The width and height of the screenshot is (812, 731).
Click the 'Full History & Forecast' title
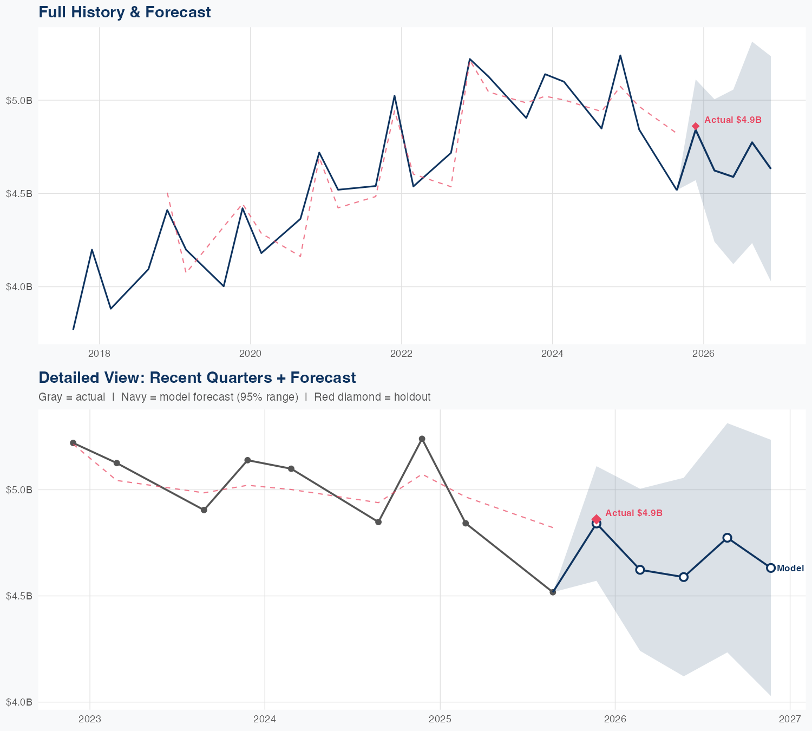tap(125, 12)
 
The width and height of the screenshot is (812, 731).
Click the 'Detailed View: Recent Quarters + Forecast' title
tap(197, 377)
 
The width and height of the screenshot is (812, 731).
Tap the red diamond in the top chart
tap(696, 126)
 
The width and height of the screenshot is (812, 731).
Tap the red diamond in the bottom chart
tap(597, 519)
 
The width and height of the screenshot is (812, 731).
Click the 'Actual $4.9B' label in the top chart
tap(733, 120)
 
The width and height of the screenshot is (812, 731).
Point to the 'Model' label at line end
tap(790, 569)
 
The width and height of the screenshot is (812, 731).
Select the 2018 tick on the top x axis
tap(99, 354)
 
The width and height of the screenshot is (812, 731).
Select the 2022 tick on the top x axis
tap(401, 354)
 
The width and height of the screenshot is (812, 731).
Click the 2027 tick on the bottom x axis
tap(790, 719)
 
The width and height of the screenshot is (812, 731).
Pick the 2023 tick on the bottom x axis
tap(90, 719)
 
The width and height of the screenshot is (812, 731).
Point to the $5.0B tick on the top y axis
tap(19, 100)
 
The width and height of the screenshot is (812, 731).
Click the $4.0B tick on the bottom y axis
tap(19, 702)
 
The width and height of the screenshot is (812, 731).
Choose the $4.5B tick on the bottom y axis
tap(19, 596)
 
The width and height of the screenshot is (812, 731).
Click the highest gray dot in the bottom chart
tap(422, 439)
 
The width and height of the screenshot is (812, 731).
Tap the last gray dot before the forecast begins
tap(553, 592)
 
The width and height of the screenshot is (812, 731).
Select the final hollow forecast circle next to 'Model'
tap(771, 568)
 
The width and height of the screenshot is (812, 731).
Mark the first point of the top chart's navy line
tap(74, 329)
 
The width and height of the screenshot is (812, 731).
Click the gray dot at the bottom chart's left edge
tap(73, 443)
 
